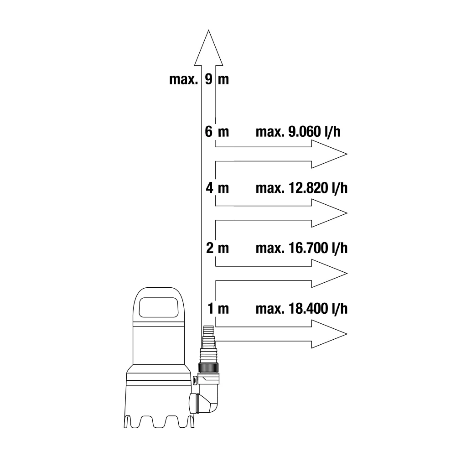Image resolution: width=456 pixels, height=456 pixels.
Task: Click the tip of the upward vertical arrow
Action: click(x=208, y=30)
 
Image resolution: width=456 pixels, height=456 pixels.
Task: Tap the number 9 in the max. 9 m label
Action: click(x=209, y=79)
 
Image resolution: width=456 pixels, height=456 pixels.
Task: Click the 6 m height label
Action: click(x=217, y=132)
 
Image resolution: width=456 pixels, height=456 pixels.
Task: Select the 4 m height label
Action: click(x=217, y=188)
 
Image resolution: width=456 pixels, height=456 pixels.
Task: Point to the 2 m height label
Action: click(x=218, y=249)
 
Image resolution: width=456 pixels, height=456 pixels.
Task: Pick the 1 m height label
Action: click(x=218, y=309)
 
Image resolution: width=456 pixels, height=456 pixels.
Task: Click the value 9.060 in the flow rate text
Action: click(x=304, y=132)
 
